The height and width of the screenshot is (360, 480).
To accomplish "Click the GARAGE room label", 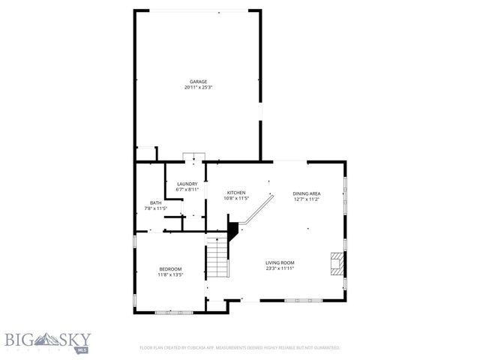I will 197,82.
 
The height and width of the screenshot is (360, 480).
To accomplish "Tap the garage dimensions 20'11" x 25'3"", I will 197,88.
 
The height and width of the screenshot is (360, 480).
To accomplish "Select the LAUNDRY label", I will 187,184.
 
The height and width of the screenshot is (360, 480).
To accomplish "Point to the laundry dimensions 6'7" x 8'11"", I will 187,190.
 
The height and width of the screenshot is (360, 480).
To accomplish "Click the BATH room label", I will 155,202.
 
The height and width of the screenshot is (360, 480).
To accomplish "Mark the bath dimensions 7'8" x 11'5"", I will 155,208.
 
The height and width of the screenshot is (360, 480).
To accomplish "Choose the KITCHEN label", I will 236,193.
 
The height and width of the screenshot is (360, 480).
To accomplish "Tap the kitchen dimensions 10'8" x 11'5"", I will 236,199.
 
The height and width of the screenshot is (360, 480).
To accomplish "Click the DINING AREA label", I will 306,193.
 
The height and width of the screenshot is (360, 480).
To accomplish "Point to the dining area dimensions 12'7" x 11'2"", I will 306,199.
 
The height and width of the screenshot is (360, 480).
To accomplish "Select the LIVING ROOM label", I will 280,262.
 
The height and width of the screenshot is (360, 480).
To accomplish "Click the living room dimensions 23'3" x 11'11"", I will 280,268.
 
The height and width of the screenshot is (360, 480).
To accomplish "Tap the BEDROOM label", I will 170,269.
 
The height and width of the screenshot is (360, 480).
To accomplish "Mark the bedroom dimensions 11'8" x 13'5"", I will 170,275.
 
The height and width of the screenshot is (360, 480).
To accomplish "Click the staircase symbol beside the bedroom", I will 217,257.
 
